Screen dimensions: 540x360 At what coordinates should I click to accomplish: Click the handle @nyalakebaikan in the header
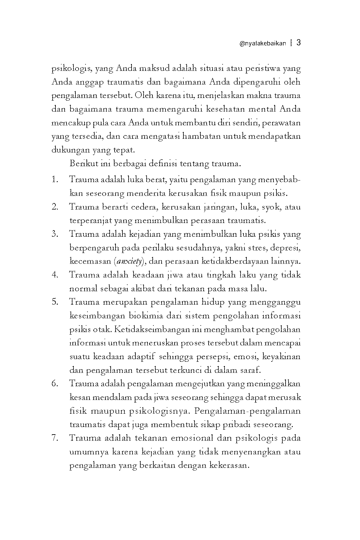pos(263,43)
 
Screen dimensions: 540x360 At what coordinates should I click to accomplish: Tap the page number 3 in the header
pos(298,43)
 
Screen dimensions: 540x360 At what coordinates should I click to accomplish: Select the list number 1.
pos(55,180)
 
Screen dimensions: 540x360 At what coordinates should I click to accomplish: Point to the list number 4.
pos(55,275)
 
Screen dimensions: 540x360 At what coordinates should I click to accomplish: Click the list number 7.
pos(55,438)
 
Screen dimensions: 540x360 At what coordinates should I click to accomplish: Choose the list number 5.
pos(55,302)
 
